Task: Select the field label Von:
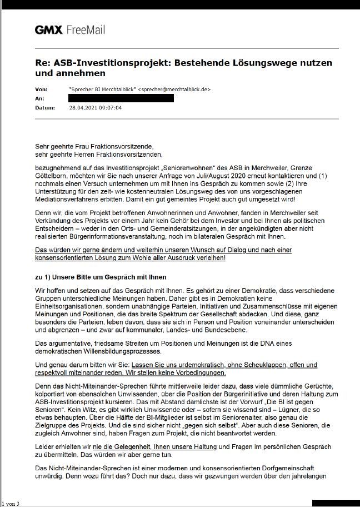pyautogui.click(x=41, y=89)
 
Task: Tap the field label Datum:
pyautogui.click(x=44, y=107)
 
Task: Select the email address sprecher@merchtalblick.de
pyautogui.click(x=174, y=89)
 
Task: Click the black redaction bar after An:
pyautogui.click(x=121, y=98)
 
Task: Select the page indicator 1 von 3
pyautogui.click(x=10, y=504)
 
